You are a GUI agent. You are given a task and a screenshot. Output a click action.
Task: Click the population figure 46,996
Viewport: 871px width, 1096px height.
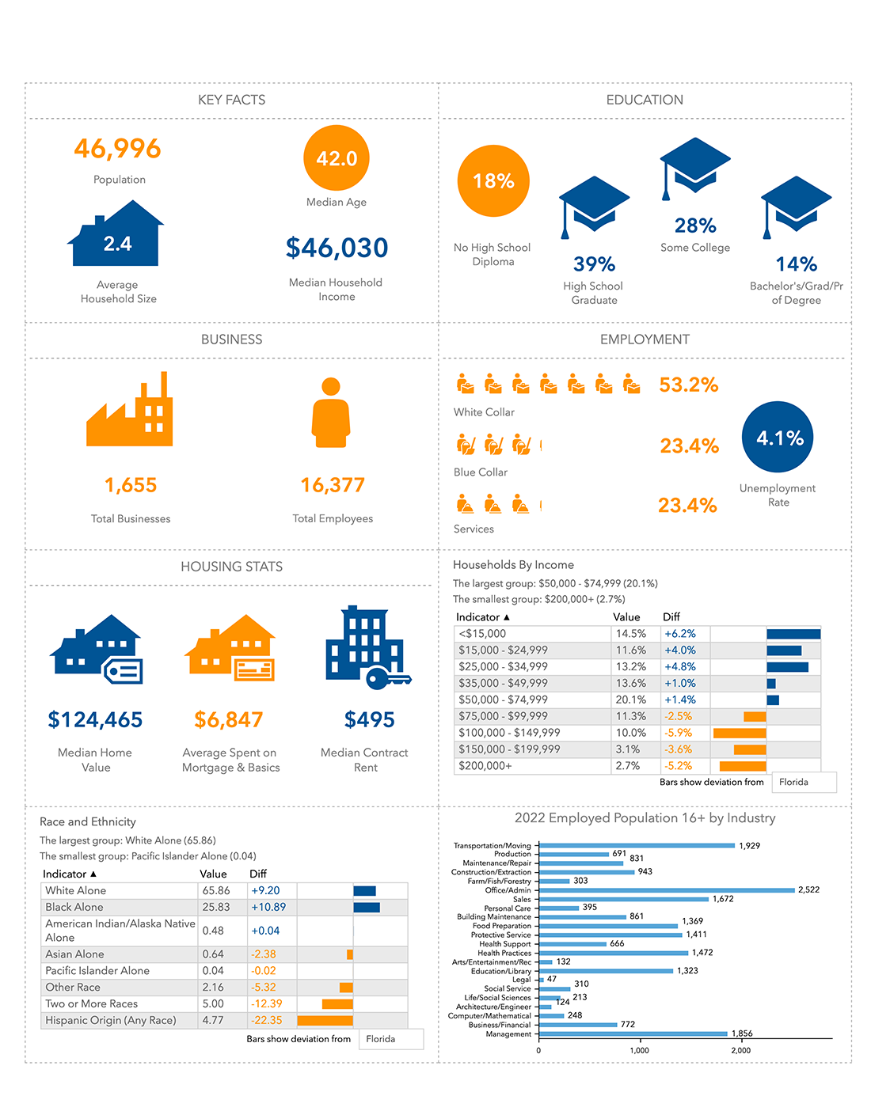tap(117, 149)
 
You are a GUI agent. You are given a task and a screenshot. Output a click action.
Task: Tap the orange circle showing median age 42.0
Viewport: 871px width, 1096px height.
tap(337, 158)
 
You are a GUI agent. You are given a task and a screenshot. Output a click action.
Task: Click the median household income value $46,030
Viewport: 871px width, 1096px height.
tap(337, 248)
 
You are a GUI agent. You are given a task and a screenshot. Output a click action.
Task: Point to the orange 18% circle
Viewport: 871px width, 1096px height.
tap(493, 181)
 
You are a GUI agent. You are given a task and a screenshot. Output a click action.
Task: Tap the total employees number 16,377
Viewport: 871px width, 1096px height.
tap(333, 485)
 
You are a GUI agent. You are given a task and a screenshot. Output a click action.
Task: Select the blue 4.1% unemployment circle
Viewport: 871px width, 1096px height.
tap(778, 438)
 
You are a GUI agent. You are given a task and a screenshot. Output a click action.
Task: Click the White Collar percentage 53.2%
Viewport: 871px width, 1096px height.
tap(688, 385)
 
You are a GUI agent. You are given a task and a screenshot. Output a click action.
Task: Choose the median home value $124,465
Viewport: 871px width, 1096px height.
tap(95, 720)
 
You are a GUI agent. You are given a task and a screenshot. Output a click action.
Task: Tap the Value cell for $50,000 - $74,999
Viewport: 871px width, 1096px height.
tap(631, 700)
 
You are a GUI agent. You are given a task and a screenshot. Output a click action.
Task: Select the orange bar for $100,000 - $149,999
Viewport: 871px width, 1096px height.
tap(740, 733)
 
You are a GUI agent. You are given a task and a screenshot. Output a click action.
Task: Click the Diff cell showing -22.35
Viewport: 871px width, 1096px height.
tap(267, 1020)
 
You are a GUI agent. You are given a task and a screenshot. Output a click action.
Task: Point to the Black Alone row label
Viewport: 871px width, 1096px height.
tap(74, 907)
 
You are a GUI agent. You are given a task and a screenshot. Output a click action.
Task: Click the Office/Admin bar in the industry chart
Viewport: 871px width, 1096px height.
tap(666, 890)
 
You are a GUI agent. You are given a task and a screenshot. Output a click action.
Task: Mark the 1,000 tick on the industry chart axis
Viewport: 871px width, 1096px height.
tap(639, 1050)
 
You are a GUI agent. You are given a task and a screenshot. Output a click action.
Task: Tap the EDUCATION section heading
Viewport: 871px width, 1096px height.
tap(645, 100)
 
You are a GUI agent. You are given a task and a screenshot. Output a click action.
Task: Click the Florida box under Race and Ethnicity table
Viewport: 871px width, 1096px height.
tap(390, 1039)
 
